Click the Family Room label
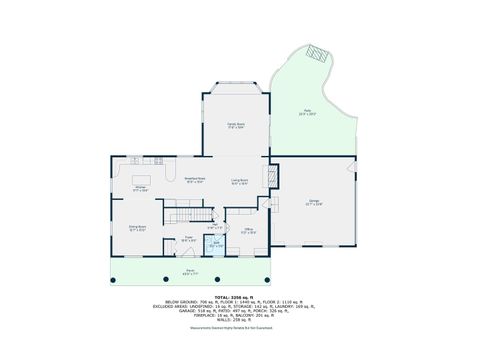(236, 126)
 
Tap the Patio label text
(307, 113)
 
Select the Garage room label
(314, 202)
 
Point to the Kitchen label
(141, 188)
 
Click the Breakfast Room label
(194, 181)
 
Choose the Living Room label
(240, 182)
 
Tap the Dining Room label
(137, 229)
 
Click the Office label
(249, 231)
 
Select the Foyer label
(188, 239)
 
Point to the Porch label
(188, 271)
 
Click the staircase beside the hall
(190, 215)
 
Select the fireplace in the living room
(268, 176)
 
